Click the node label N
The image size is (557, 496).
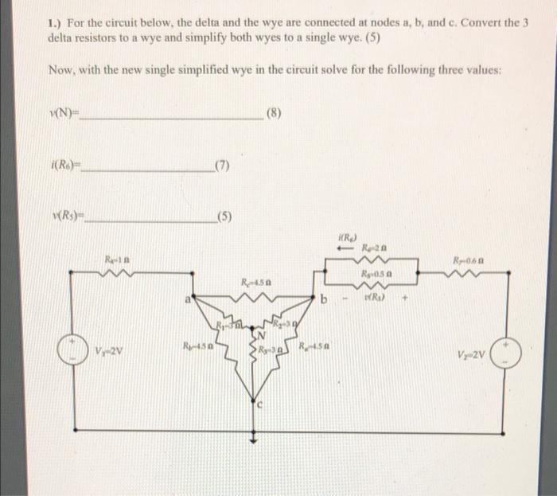coord(256,335)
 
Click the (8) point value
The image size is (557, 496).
coord(274,113)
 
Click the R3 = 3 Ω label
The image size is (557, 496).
coord(266,350)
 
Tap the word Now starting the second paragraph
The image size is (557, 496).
coord(60,70)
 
